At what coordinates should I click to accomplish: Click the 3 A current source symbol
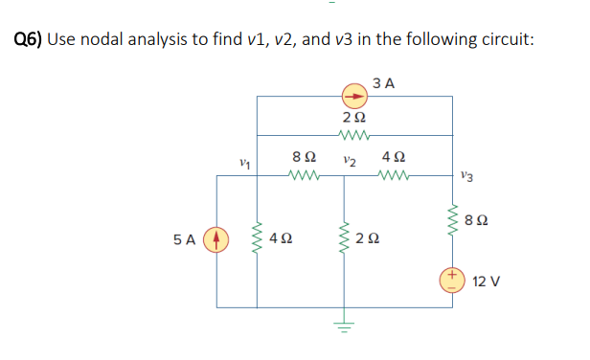(354, 96)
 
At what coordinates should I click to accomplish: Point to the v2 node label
(351, 161)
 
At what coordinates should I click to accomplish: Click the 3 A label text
(385, 83)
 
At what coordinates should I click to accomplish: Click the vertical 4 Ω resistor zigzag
(256, 236)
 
